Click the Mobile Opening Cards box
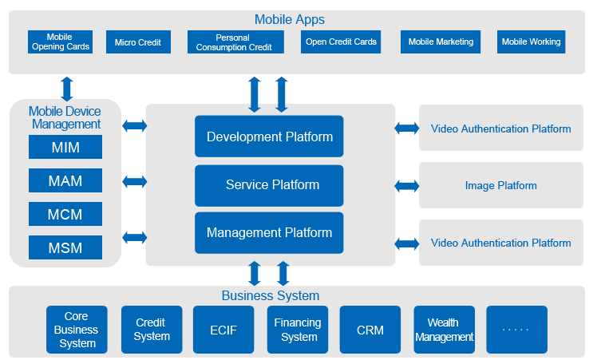point(60,42)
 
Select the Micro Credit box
point(138,42)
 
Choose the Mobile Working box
point(531,42)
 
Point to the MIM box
point(65,147)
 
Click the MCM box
point(65,214)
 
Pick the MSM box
point(65,247)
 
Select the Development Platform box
point(269,136)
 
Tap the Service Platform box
point(269,185)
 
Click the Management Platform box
point(269,233)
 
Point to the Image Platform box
point(500,185)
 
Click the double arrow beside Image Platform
point(407,186)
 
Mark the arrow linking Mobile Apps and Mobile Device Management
point(67,88)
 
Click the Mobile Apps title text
point(289,19)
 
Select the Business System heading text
point(270,296)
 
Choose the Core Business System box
point(76,330)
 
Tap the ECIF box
point(223,330)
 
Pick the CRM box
point(370,330)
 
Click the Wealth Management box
point(444,330)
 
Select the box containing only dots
point(516,330)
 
